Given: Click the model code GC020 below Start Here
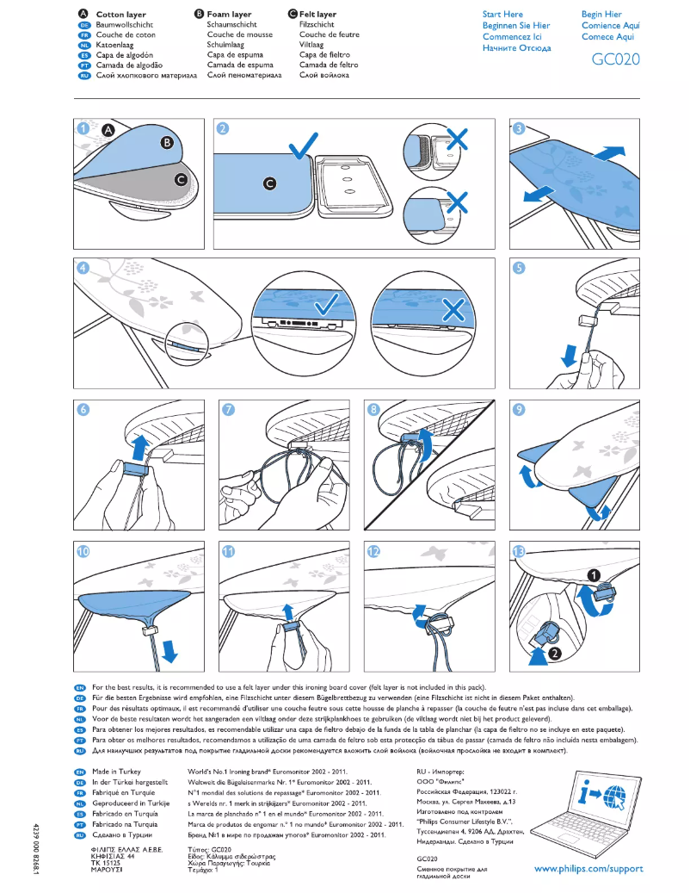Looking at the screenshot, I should [615, 60].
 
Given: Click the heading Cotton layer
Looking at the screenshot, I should [120, 15].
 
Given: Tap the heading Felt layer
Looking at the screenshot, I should [317, 15].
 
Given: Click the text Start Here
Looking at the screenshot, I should [502, 15].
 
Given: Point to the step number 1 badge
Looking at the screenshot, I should [83, 129].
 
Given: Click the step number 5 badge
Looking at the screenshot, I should [519, 268].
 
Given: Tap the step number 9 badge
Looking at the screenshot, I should [519, 409].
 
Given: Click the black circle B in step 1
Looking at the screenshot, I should [166, 142].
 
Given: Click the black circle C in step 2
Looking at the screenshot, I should [269, 183].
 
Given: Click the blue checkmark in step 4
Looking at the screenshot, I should [325, 307].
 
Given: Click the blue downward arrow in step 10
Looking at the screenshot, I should [169, 653].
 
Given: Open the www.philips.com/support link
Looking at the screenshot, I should [588, 868].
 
